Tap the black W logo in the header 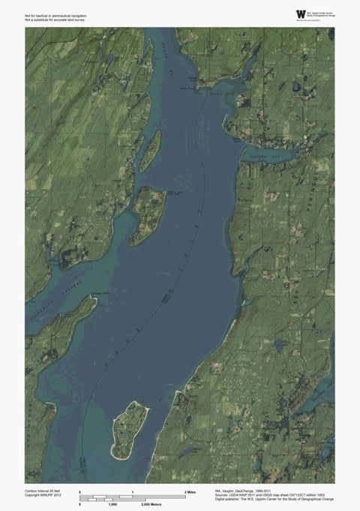point(301,14)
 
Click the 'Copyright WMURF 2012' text point(45,494)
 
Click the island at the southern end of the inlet point(129,430)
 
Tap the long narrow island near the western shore point(151,149)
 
